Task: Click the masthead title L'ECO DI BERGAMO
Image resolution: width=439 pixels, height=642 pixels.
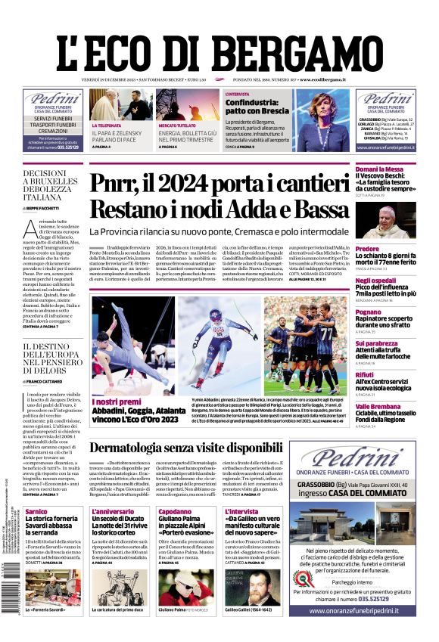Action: click(219, 49)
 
